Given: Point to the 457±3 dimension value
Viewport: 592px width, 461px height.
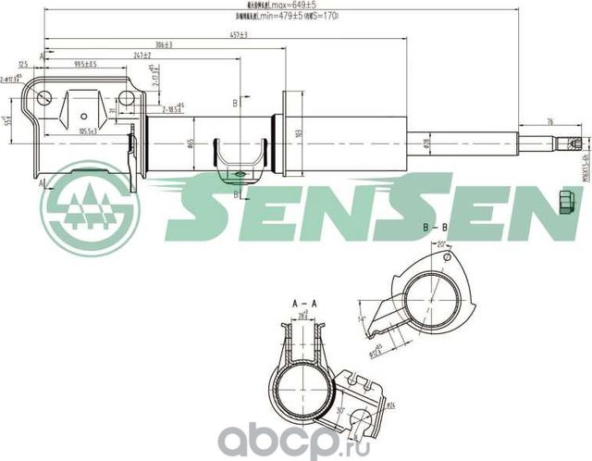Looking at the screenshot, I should click(x=239, y=34).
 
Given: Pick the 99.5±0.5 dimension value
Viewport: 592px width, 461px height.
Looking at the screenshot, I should click(x=85, y=64).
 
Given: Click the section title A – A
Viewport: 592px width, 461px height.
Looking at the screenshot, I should click(x=304, y=304).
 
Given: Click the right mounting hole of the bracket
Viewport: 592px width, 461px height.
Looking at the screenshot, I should click(x=83, y=118).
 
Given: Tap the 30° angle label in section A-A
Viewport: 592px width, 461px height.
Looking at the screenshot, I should click(x=341, y=410).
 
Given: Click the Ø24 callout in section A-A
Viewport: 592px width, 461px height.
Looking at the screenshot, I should click(x=389, y=405).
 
